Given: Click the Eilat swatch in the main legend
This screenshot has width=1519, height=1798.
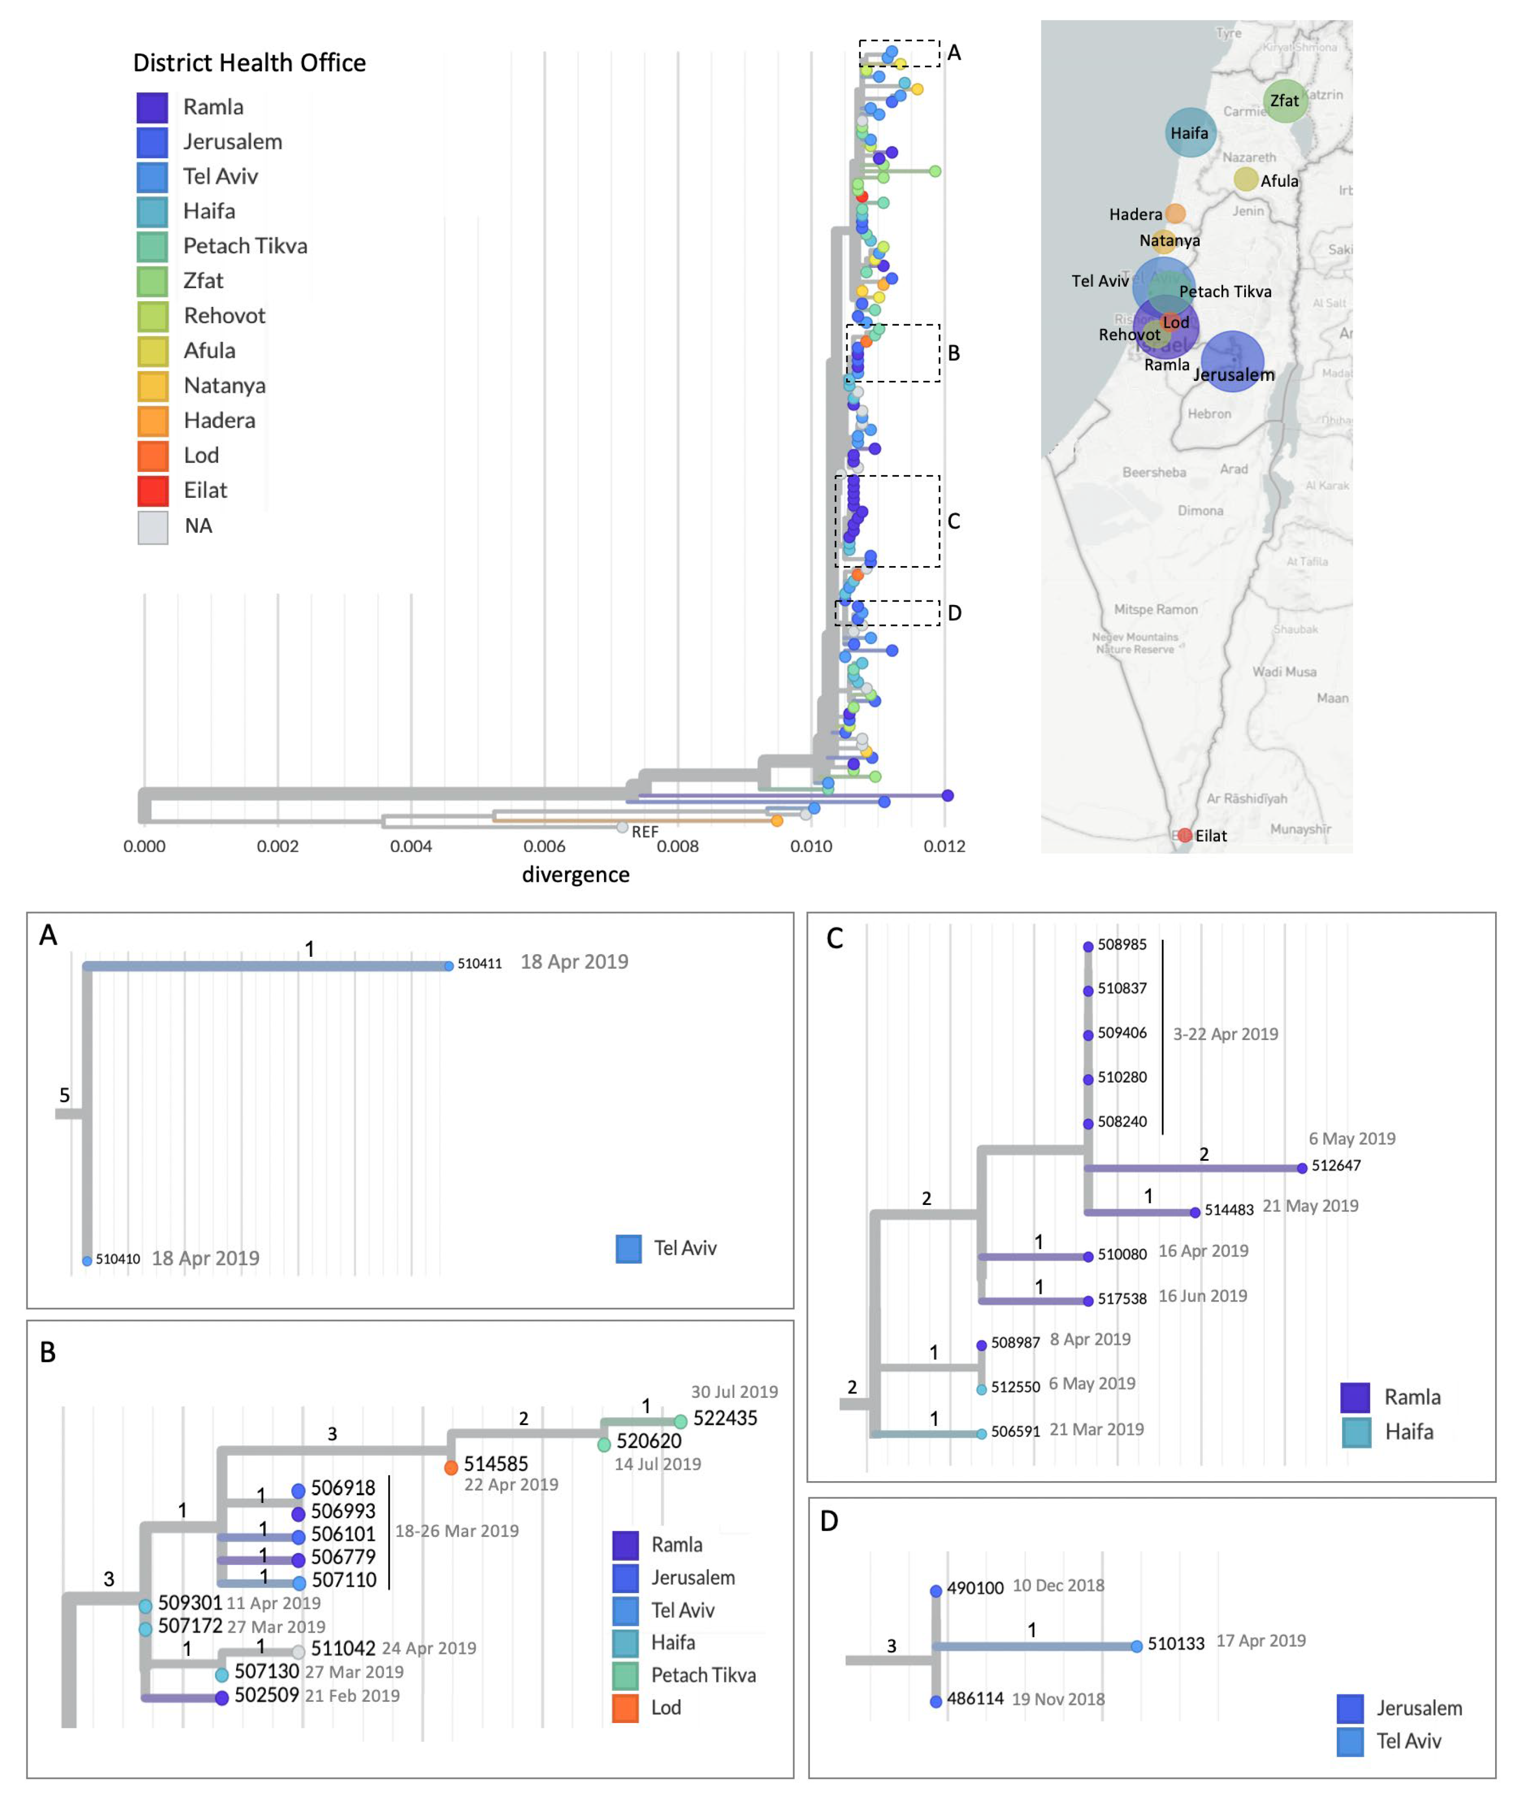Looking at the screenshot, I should (152, 490).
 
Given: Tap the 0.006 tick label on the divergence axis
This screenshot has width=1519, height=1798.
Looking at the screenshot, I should (544, 846).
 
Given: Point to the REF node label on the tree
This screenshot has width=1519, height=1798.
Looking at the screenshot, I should (644, 832).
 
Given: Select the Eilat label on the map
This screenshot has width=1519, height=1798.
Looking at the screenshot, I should (1211, 836).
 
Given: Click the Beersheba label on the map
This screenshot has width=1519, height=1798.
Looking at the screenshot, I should (1154, 472).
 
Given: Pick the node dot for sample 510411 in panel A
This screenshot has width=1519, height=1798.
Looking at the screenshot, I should (448, 966).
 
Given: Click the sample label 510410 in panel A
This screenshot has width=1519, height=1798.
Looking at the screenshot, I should (118, 1259).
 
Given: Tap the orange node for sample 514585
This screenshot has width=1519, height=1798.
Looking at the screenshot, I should (450, 1467).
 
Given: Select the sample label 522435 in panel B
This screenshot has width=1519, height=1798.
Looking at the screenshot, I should (725, 1418).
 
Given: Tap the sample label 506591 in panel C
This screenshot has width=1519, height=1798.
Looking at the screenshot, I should (1015, 1432).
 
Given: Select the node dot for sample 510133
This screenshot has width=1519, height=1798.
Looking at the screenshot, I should (1137, 1647).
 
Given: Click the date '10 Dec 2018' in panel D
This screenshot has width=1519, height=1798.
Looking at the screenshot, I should (1058, 1585).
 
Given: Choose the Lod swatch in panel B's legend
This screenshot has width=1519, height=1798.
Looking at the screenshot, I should (625, 1707).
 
